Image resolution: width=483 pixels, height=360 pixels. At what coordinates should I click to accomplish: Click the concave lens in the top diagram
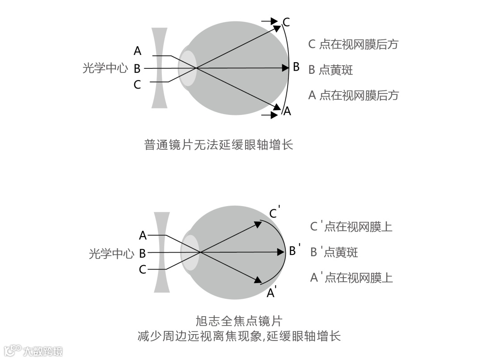(159, 68)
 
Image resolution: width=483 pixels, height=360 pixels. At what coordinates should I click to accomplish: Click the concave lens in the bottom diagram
(162, 253)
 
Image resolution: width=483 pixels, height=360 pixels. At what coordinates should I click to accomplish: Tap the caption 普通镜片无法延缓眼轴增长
(219, 144)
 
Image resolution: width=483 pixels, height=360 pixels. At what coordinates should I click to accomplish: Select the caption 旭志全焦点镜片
(239, 321)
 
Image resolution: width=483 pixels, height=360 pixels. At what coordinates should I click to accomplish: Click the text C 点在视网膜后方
(353, 44)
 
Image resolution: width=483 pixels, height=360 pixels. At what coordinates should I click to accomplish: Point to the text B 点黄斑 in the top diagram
(330, 70)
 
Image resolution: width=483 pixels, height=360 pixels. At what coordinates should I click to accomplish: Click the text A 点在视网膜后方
(353, 95)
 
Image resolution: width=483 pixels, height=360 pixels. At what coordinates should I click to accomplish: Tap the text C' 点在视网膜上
(351, 226)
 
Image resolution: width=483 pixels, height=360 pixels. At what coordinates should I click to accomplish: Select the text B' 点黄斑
(334, 252)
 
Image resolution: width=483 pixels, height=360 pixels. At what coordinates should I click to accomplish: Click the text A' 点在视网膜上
(351, 278)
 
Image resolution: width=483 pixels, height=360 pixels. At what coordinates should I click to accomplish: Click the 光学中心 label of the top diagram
(105, 69)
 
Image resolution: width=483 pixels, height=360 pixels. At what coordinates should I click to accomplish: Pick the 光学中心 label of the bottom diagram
(111, 254)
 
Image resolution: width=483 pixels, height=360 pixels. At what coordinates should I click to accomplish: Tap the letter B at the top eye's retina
(296, 68)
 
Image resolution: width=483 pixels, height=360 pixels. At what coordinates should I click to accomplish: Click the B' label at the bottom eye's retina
(294, 250)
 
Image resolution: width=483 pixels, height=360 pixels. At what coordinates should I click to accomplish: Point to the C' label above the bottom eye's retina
(275, 212)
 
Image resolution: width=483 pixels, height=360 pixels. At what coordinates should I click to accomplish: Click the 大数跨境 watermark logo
(34, 350)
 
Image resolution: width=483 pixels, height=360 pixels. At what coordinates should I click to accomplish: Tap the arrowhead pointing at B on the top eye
(285, 68)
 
